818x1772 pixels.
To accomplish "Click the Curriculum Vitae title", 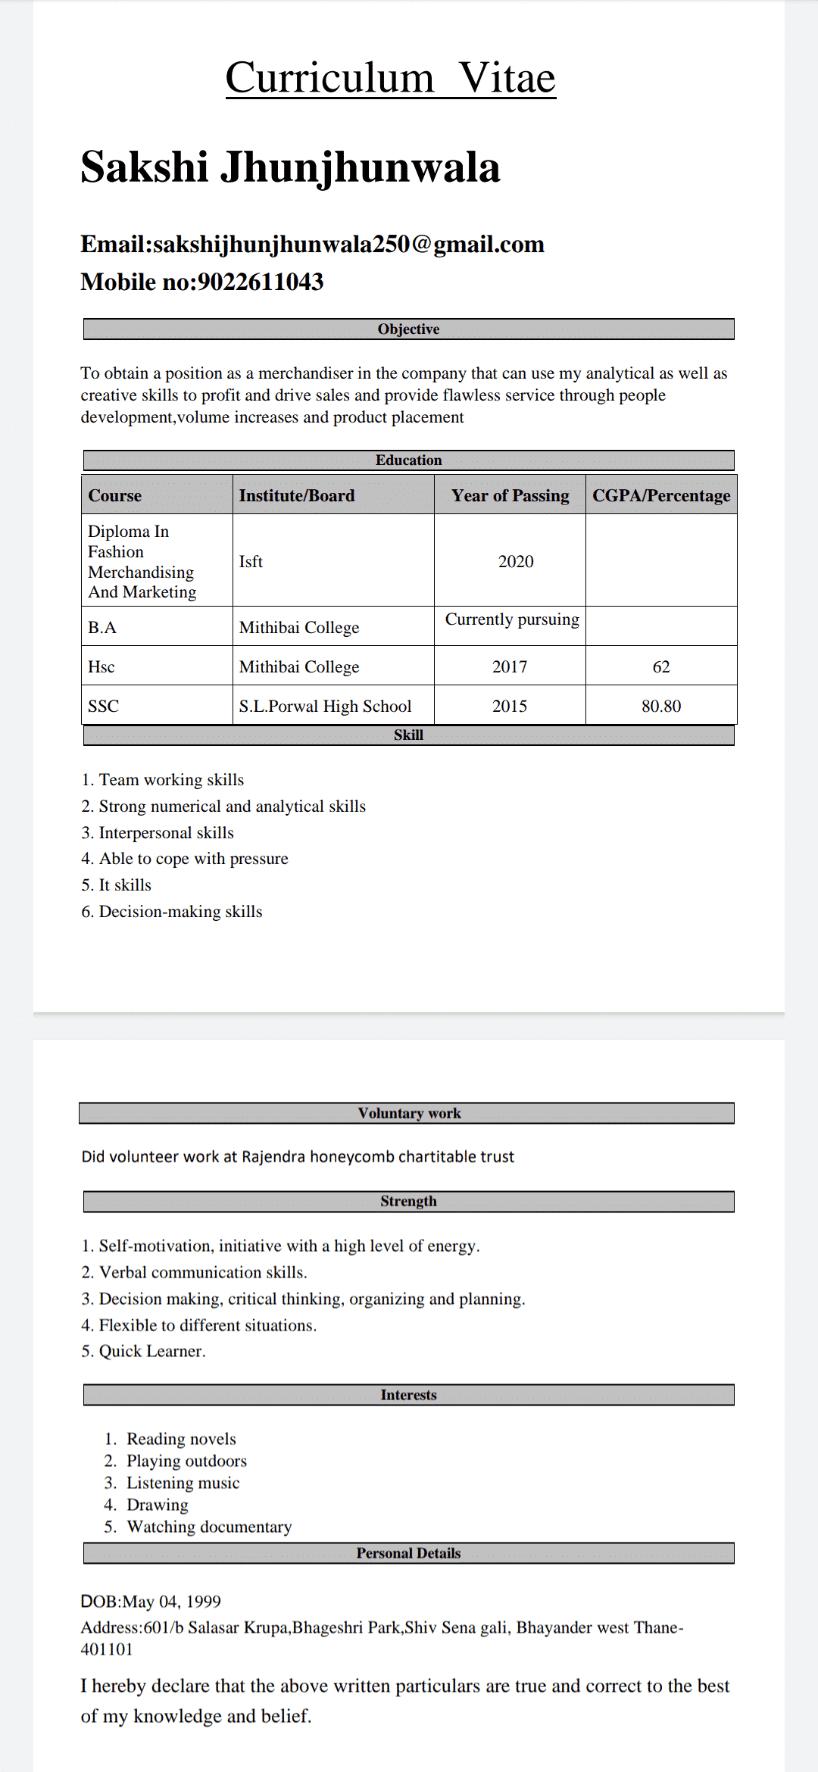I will click(390, 78).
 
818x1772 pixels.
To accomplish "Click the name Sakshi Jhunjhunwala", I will click(290, 167).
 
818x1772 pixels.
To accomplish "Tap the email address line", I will click(312, 245).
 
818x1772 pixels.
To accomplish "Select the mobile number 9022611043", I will click(261, 282).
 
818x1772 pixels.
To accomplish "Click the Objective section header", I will click(408, 329).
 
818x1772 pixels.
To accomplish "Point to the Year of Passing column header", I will click(510, 496).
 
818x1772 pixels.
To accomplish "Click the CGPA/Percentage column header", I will click(660, 496).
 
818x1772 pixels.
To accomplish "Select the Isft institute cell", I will click(251, 562).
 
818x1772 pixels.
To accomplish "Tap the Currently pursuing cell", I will click(512, 619).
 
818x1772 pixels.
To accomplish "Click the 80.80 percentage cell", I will click(660, 707).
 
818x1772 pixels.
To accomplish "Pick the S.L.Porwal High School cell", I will click(325, 707).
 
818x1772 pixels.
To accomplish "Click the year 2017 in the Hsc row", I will click(509, 667).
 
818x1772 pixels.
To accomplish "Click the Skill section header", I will click(408, 735).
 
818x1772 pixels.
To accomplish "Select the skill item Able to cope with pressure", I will click(193, 859).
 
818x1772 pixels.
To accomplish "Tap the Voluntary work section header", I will click(409, 1113).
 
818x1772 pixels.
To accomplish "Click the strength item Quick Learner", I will click(151, 1352).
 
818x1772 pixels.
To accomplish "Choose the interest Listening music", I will click(183, 1483).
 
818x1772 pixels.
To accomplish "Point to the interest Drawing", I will click(157, 1505).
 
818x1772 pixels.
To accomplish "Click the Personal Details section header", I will click(408, 1553).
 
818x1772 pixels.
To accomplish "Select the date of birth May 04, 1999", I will click(171, 1602).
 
